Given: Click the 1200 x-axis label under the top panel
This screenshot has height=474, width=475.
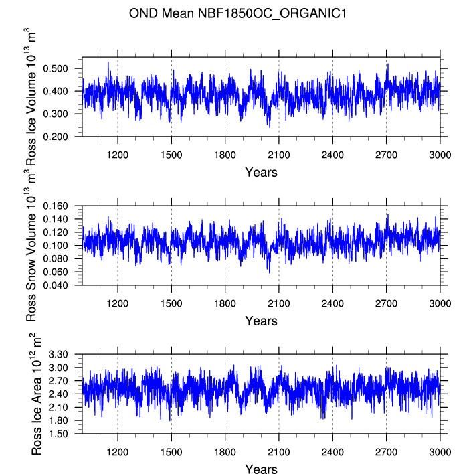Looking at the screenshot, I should click(118, 155).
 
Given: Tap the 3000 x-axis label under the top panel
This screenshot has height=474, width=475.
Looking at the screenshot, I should click(440, 155).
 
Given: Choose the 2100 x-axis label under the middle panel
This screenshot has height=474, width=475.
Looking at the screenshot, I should click(279, 303).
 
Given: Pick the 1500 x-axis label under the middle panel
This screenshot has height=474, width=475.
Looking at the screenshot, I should click(171, 303).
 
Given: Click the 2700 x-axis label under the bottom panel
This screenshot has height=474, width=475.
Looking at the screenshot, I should click(386, 452).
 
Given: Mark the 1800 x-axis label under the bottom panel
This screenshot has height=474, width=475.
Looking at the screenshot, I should click(225, 452).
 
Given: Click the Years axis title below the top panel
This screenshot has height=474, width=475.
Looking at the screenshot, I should click(261, 173).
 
